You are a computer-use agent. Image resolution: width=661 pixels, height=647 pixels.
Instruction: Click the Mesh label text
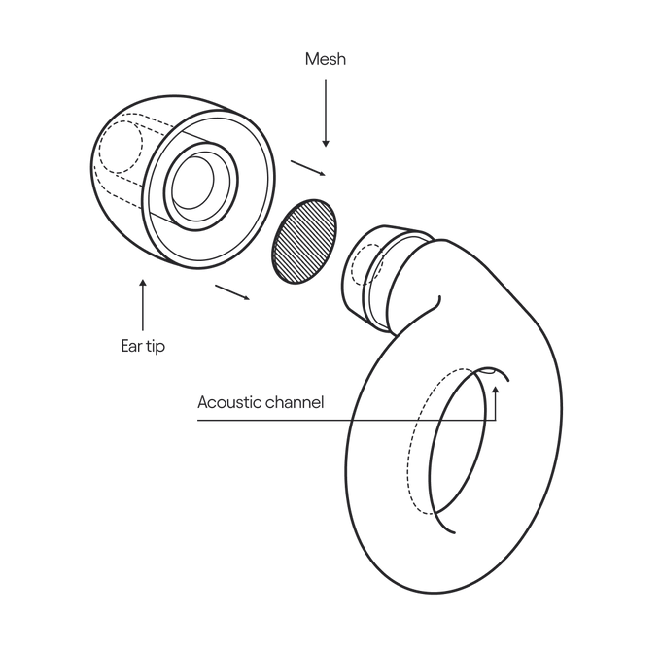pyautogui.click(x=326, y=59)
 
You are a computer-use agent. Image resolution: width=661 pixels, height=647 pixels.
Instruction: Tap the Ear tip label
pyautogui.click(x=143, y=346)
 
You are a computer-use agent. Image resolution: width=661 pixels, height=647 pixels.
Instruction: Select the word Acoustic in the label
pyautogui.click(x=227, y=402)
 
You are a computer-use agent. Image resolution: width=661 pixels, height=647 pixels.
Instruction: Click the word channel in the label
pyautogui.click(x=293, y=402)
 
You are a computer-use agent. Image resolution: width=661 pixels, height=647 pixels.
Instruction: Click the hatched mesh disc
pyautogui.click(x=305, y=241)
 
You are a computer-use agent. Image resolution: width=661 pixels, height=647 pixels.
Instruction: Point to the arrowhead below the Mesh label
pyautogui.click(x=326, y=143)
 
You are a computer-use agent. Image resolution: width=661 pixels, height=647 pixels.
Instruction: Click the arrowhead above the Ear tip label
pyautogui.click(x=143, y=283)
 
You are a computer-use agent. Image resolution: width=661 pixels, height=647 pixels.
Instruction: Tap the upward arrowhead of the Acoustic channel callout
pyautogui.click(x=496, y=390)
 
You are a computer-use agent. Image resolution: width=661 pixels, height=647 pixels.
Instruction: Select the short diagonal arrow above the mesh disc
pyautogui.click(x=308, y=168)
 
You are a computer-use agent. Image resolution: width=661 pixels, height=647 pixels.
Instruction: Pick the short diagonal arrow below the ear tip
pyautogui.click(x=232, y=292)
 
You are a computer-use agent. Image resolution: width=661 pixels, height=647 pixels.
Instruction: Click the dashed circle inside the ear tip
pyautogui.click(x=121, y=147)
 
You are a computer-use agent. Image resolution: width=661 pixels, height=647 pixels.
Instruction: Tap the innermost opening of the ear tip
pyautogui.click(x=192, y=182)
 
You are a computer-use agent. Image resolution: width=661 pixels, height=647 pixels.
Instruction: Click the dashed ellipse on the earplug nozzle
pyautogui.click(x=367, y=265)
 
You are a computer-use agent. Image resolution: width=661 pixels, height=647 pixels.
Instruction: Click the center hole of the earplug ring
pyautogui.click(x=458, y=441)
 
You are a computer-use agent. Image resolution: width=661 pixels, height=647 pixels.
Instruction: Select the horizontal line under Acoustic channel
pyautogui.click(x=346, y=420)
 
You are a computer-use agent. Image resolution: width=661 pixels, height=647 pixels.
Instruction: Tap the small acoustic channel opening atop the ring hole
pyautogui.click(x=488, y=371)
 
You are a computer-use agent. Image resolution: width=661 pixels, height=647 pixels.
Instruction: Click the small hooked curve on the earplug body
pyautogui.click(x=435, y=302)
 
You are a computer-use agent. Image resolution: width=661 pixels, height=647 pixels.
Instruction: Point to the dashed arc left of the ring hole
pyautogui.click(x=422, y=441)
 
